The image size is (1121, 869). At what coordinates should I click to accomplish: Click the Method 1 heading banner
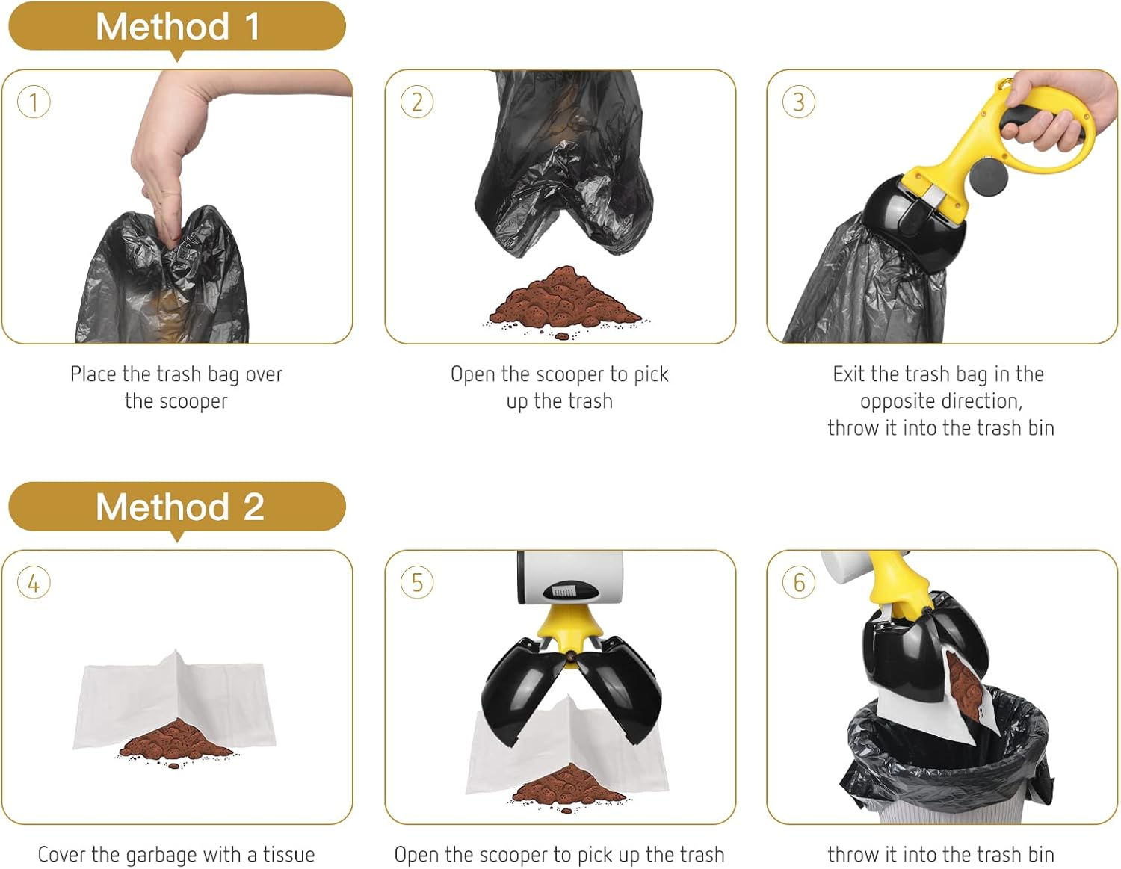[x=177, y=27]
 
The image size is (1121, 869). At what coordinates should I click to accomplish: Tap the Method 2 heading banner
[x=177, y=507]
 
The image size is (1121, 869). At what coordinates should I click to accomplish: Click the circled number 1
[x=34, y=102]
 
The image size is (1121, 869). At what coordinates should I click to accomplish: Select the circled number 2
[x=417, y=102]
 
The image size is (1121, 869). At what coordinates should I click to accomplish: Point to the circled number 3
[x=799, y=102]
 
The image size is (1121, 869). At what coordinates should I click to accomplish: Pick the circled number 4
[x=34, y=583]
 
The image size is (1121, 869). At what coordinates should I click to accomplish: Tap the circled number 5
[x=417, y=583]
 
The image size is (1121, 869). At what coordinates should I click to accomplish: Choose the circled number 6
[x=799, y=583]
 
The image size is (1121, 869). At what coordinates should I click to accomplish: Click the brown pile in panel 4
[x=176, y=740]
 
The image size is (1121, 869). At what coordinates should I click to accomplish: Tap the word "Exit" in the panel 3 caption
[x=849, y=374]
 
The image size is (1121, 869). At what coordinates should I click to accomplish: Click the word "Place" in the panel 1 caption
[x=93, y=374]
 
